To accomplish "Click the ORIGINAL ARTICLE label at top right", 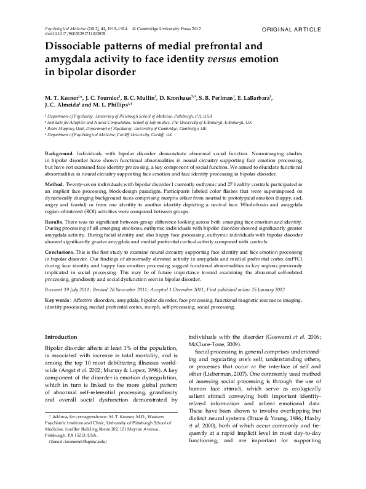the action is pos(291,29).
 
